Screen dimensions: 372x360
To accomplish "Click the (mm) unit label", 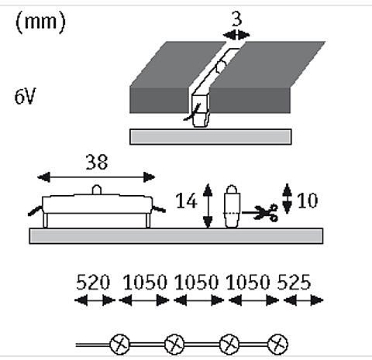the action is pyautogui.click(x=40, y=22).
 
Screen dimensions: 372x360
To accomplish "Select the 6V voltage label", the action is pyautogui.click(x=25, y=96).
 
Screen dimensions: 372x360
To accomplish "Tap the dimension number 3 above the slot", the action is pyautogui.click(x=236, y=19).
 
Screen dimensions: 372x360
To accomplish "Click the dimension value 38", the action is pyautogui.click(x=96, y=162).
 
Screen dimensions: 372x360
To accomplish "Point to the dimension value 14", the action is pyautogui.click(x=186, y=201).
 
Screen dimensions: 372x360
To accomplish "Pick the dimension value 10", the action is pyautogui.click(x=307, y=201).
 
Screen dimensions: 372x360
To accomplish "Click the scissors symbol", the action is pyautogui.click(x=266, y=213).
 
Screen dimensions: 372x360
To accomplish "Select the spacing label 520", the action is pyautogui.click(x=93, y=282).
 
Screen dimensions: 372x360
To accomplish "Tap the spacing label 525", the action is pyautogui.click(x=294, y=282).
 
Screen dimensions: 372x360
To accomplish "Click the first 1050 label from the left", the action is pyautogui.click(x=145, y=282).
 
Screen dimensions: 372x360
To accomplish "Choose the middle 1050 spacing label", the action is pyautogui.click(x=196, y=282).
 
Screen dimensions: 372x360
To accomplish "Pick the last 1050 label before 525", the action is pyautogui.click(x=248, y=282).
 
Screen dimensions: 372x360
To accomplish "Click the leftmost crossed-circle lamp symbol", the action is pyautogui.click(x=119, y=345).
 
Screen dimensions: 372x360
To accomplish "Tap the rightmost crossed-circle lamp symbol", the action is pyautogui.click(x=277, y=345).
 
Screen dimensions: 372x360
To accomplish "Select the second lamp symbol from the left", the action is pyautogui.click(x=174, y=345).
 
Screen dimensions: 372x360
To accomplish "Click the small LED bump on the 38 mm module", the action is pyautogui.click(x=97, y=190).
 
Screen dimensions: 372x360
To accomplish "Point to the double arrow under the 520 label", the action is pyautogui.click(x=95, y=300).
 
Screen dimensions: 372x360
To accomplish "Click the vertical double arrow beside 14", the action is pyautogui.click(x=208, y=206).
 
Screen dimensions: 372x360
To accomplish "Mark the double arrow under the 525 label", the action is pyautogui.click(x=303, y=300).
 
